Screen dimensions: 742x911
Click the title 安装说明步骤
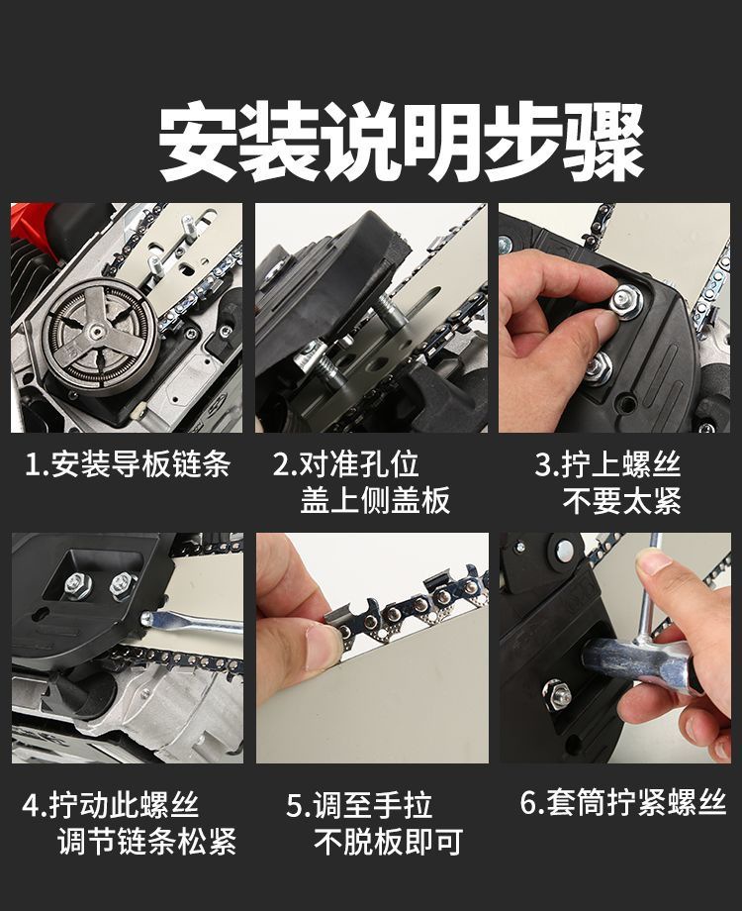pyautogui.click(x=402, y=142)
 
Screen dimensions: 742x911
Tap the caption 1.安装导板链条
pyautogui.click(x=128, y=464)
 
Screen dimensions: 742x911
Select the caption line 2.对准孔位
pyautogui.click(x=346, y=464)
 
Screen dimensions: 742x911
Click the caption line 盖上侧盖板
pyautogui.click(x=375, y=500)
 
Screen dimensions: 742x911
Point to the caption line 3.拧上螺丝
pyautogui.click(x=607, y=464)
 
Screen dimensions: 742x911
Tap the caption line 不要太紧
pyautogui.click(x=622, y=500)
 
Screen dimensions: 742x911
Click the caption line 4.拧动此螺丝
pyautogui.click(x=111, y=805)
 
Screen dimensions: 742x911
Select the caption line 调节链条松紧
pyautogui.click(x=147, y=841)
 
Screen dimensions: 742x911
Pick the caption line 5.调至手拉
pyautogui.click(x=359, y=805)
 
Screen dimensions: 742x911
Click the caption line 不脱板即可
pyautogui.click(x=389, y=841)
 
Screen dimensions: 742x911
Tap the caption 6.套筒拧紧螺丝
pyautogui.click(x=623, y=802)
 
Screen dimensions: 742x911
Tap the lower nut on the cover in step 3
pyautogui.click(x=598, y=366)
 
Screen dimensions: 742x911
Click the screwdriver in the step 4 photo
pyautogui.click(x=192, y=622)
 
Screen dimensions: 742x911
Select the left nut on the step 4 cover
pyautogui.click(x=78, y=583)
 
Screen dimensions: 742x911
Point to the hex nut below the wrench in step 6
pyautogui.click(x=557, y=694)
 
